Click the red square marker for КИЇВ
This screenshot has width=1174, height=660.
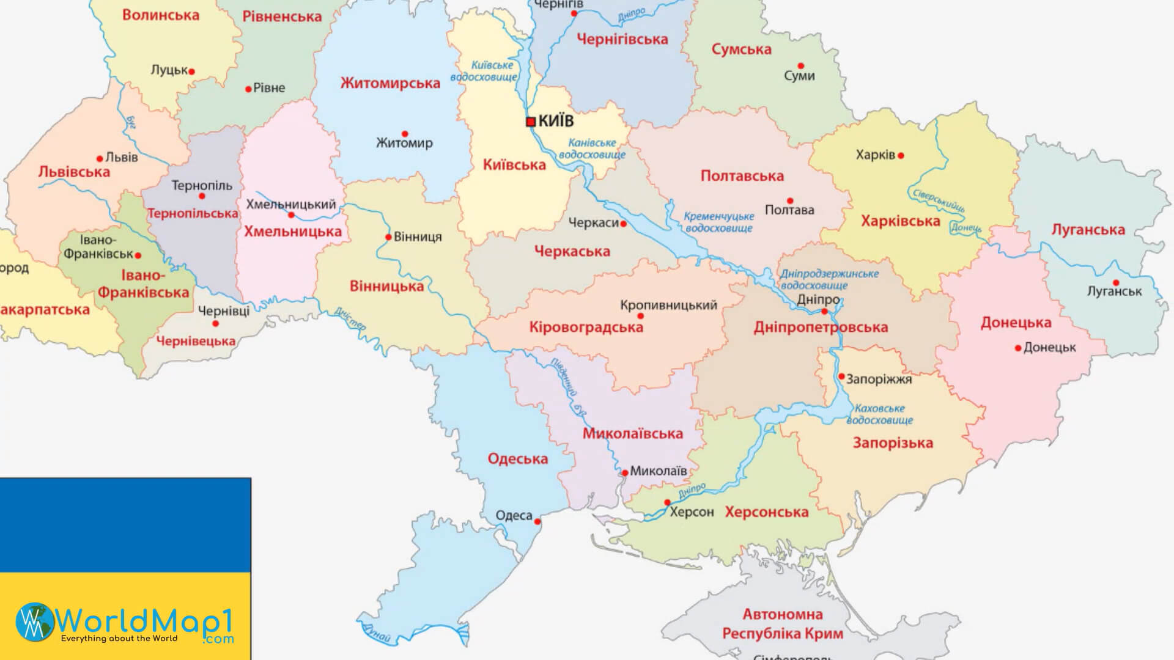point(531,122)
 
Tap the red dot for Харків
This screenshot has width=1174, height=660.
point(901,156)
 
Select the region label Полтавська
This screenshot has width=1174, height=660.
point(742,176)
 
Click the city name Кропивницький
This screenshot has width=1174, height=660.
point(668,304)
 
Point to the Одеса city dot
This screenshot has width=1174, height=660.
point(537,522)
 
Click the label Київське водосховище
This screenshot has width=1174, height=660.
point(484,71)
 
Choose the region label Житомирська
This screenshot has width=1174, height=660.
point(390,83)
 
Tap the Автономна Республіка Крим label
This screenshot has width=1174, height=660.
point(783,623)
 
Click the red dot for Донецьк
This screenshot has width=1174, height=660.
point(1018,348)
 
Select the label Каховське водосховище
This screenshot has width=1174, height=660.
point(879,414)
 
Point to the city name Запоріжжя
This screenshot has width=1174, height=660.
point(879,380)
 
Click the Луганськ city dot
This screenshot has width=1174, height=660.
point(1116,283)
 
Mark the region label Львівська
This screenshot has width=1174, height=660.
point(74,172)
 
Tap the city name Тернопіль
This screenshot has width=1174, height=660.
point(202,185)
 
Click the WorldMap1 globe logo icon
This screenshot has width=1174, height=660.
point(35,622)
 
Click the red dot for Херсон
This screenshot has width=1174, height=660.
point(667,503)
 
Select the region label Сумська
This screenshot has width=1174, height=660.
point(741,50)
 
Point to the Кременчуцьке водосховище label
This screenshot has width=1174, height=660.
point(718,222)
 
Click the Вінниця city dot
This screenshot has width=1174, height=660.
point(388,237)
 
